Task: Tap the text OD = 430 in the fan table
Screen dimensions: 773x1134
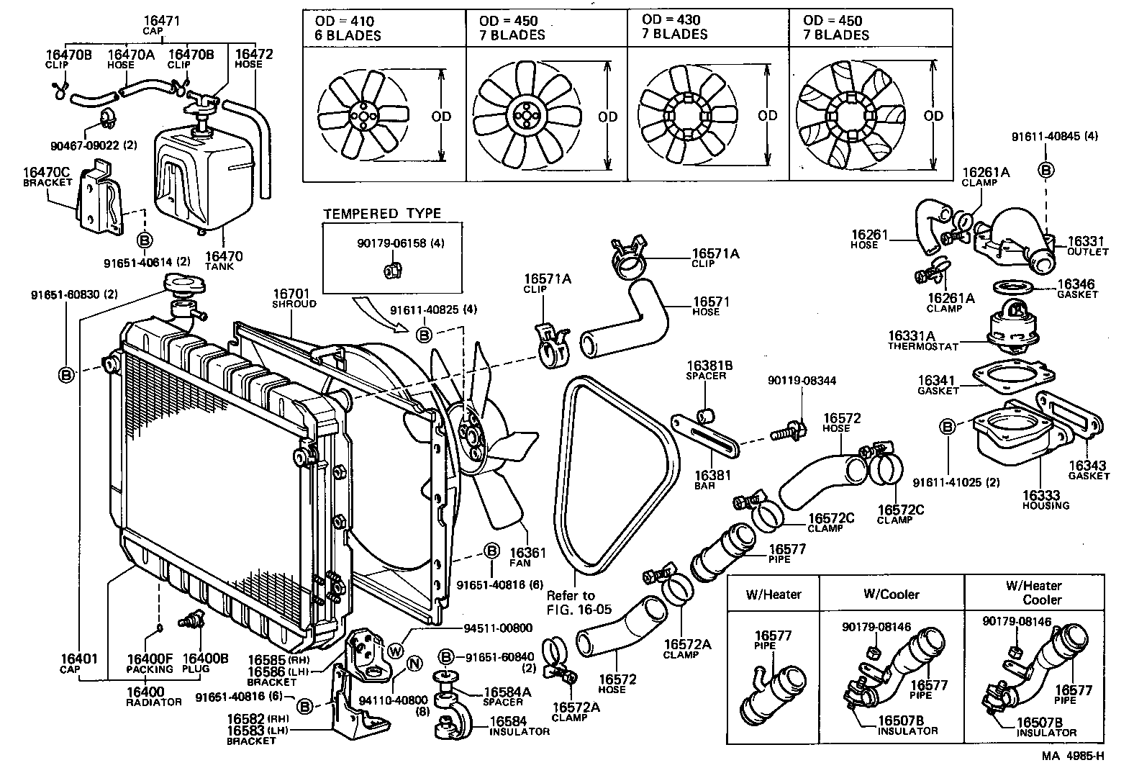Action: point(671,19)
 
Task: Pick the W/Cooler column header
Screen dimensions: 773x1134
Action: point(891,594)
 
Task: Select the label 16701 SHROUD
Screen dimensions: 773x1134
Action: point(290,298)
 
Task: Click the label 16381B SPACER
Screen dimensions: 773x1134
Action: point(709,370)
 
